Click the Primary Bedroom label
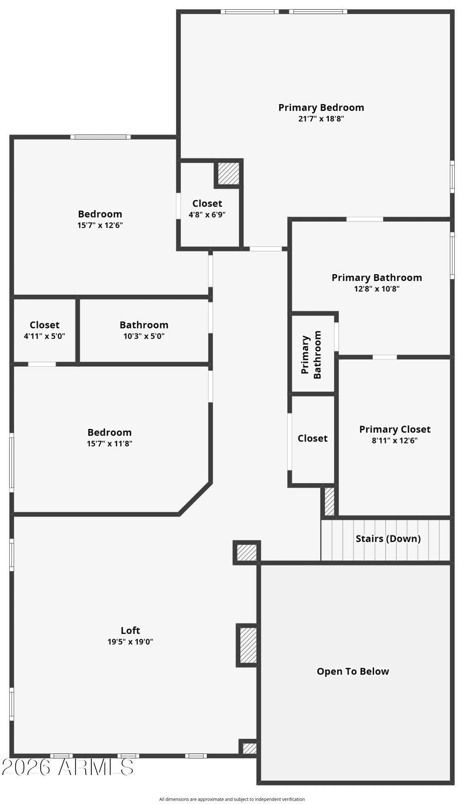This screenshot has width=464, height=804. point(321,108)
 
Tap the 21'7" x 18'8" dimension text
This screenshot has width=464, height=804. point(321,119)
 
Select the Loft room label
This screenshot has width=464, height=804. point(130,630)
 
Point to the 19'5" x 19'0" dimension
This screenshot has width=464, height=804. point(130,642)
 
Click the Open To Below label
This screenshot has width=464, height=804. point(353,671)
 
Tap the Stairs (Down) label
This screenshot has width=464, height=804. point(388,539)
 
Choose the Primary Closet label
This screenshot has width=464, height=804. point(394,429)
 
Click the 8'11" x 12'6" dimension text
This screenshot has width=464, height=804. point(394,441)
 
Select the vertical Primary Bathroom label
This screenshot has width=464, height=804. point(311,355)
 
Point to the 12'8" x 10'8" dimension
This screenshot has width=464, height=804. point(376,289)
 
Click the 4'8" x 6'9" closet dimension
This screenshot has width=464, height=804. point(207,215)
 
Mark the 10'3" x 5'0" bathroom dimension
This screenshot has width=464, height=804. point(144,336)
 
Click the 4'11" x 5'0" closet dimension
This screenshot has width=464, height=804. point(44,336)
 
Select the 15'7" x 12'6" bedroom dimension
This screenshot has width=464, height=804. point(100,225)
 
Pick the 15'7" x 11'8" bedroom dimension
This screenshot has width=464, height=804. point(109,444)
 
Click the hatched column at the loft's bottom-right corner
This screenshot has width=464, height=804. point(249,748)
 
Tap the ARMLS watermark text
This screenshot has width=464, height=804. point(68,767)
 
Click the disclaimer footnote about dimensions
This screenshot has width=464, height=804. point(232,799)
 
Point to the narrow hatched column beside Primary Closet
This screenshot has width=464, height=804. point(329,501)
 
